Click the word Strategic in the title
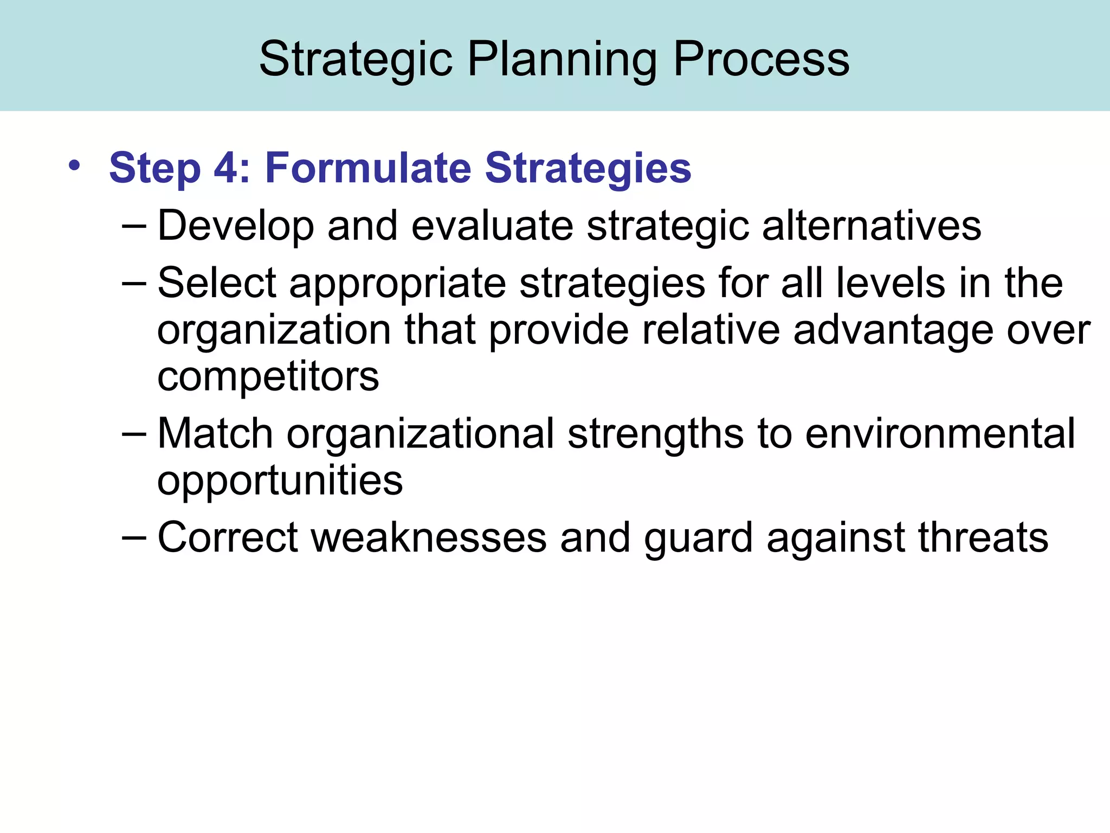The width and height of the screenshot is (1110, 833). (356, 60)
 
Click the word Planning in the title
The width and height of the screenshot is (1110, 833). (562, 60)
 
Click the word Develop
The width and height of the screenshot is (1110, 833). (235, 226)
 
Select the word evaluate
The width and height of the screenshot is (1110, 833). (492, 226)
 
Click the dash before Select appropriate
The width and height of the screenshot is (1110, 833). (134, 283)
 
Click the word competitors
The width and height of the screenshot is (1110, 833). (268, 376)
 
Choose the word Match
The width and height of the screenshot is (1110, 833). (215, 433)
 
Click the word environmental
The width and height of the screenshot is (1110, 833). (940, 433)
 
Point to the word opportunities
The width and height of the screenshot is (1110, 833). (280, 480)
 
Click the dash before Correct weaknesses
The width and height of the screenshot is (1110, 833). (134, 537)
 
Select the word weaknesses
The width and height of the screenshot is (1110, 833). (429, 537)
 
